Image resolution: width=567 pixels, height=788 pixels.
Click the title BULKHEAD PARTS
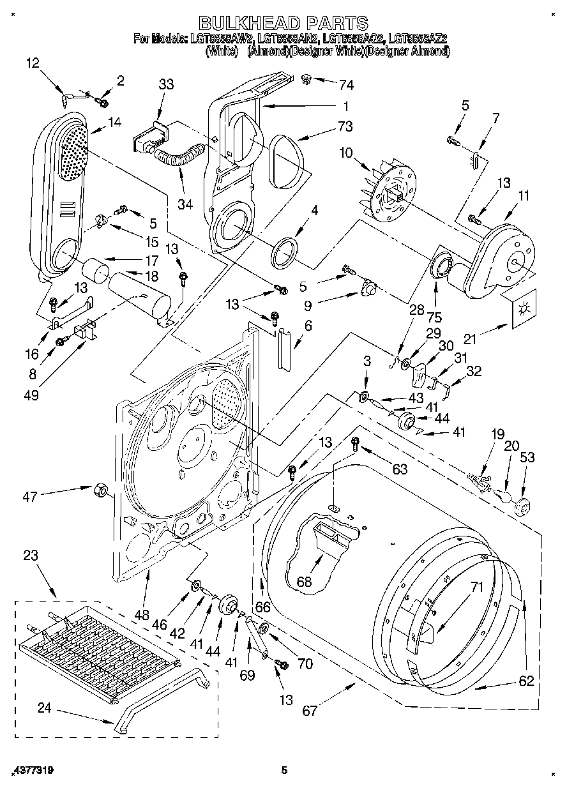coord(283,23)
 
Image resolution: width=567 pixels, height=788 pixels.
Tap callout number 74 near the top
coord(347,84)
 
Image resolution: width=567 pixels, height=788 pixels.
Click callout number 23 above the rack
coord(31,556)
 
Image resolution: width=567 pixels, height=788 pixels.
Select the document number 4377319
coord(32,771)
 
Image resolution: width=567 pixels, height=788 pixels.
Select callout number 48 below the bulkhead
coord(141,616)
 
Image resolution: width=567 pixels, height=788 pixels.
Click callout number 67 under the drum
coord(310,710)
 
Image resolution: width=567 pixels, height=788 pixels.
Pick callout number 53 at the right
coord(527,457)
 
